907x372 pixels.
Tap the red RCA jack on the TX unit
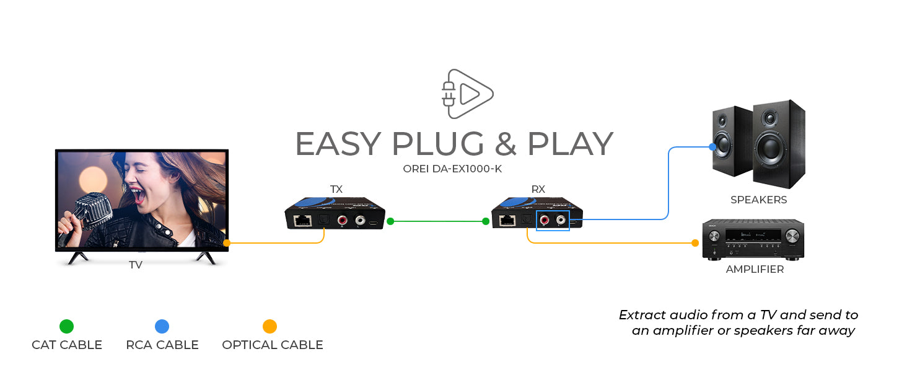point(342,219)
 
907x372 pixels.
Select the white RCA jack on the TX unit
point(359,219)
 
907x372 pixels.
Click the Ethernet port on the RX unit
point(508,219)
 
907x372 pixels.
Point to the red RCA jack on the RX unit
point(545,219)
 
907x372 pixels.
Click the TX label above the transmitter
point(336,189)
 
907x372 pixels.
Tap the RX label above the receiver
point(538,189)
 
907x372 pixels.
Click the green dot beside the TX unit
point(390,221)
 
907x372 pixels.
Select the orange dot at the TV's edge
point(227,243)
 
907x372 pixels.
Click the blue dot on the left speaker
point(712,147)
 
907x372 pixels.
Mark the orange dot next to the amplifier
point(695,243)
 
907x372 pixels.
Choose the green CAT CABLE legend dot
point(66,326)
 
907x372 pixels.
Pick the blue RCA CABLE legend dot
point(162,326)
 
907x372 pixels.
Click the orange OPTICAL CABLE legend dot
point(269,326)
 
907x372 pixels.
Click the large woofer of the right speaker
point(777,149)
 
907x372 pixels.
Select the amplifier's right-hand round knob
point(792,236)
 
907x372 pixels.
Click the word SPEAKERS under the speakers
point(758,200)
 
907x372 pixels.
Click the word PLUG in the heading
point(438,144)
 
